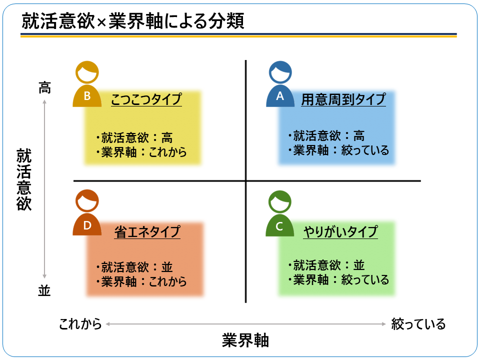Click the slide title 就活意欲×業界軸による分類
(x=133, y=21)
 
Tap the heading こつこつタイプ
(x=146, y=99)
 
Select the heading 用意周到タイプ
(x=343, y=99)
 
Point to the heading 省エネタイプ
(x=147, y=231)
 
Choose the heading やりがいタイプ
(x=340, y=231)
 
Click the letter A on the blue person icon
(x=280, y=96)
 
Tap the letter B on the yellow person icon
(x=87, y=96)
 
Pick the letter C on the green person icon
(x=279, y=226)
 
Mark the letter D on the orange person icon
(x=87, y=225)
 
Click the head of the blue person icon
(x=280, y=72)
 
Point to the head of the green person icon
(x=280, y=202)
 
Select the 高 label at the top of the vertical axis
(x=44, y=87)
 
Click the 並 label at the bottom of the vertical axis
(x=44, y=290)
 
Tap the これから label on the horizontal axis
(x=80, y=324)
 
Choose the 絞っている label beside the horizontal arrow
(x=418, y=324)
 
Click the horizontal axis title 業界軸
(x=245, y=340)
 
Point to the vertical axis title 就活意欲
(x=24, y=179)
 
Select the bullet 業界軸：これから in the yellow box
(x=141, y=152)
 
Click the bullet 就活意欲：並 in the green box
(x=326, y=265)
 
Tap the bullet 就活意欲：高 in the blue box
(x=326, y=135)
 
